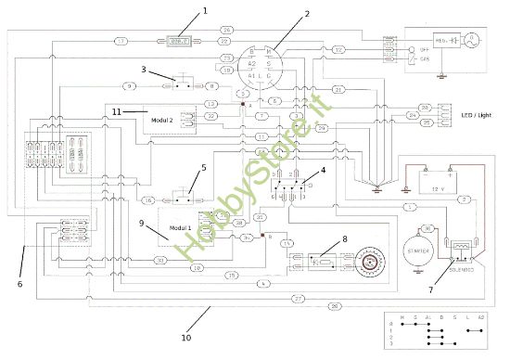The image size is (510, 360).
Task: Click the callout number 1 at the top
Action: pyautogui.click(x=206, y=11)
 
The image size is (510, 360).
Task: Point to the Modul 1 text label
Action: pyautogui.click(x=182, y=226)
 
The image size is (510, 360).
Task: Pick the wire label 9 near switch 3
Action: pyautogui.click(x=129, y=85)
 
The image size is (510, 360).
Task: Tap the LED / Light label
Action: pyautogui.click(x=473, y=114)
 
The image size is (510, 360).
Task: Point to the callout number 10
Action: pyautogui.click(x=185, y=338)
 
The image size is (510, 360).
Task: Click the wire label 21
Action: pyautogui.click(x=339, y=89)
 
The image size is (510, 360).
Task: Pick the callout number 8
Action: pyautogui.click(x=345, y=238)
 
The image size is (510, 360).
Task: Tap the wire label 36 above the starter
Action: pyautogui.click(x=427, y=228)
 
